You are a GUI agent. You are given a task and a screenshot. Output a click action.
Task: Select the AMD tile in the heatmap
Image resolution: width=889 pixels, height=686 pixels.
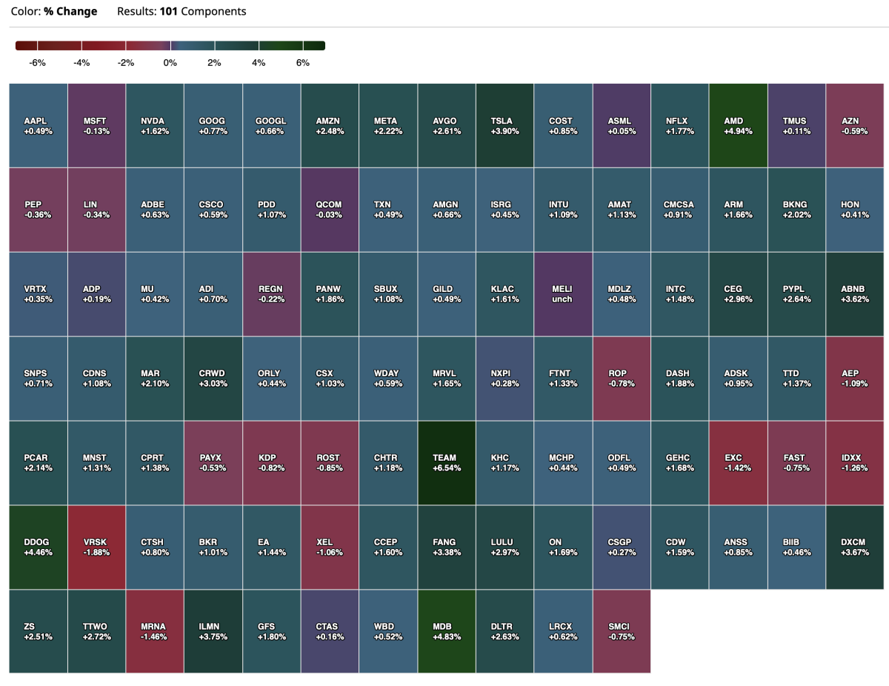click(738, 126)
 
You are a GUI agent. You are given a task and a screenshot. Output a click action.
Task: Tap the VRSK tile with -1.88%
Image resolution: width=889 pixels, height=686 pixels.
click(96, 547)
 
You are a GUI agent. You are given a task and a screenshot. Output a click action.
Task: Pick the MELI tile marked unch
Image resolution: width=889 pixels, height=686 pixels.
click(562, 294)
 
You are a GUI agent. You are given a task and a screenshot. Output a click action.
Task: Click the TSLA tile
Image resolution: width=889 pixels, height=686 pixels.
click(504, 126)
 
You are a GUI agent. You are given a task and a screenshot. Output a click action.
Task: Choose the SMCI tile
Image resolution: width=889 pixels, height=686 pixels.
click(621, 631)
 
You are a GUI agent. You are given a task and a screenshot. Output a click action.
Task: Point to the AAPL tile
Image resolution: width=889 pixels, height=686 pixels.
click(38, 126)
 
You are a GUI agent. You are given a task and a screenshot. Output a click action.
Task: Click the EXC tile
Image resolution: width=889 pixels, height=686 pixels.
click(738, 463)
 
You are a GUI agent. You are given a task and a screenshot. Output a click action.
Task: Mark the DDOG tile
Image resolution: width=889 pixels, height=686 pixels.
click(38, 547)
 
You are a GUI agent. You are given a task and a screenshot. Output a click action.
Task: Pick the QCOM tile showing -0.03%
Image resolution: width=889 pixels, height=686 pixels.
click(328, 210)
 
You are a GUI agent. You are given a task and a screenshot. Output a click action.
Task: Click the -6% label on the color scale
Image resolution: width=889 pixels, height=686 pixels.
click(38, 63)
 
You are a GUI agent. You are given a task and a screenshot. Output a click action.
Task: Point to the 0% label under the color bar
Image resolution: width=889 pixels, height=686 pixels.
click(170, 63)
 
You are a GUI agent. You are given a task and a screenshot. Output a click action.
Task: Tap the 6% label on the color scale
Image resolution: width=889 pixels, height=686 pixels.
click(303, 63)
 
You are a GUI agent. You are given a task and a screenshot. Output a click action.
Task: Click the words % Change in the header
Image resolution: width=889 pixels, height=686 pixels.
click(70, 12)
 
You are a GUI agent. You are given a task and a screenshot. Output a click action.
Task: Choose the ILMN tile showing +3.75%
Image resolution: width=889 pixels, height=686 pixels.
click(213, 631)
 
